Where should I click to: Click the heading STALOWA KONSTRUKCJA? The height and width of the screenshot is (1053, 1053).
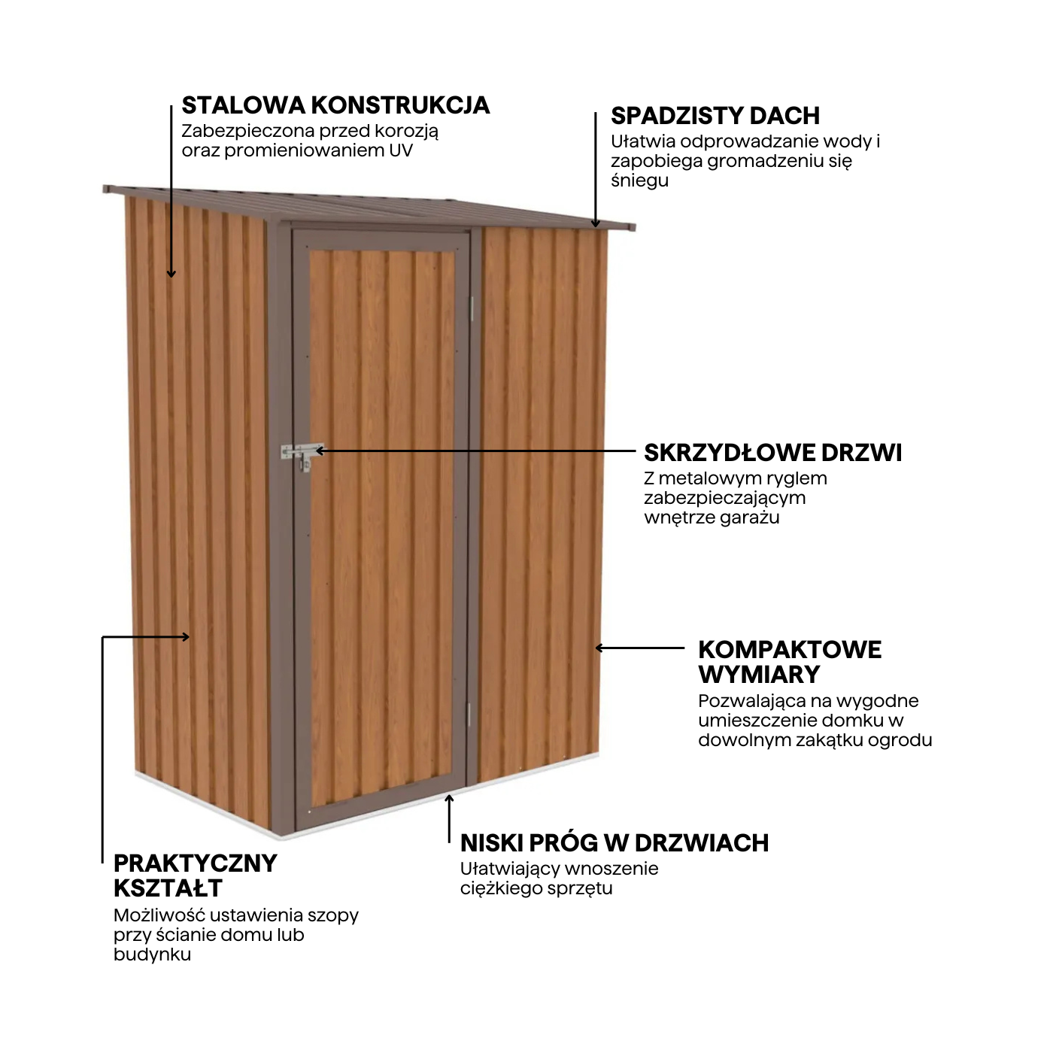click(335, 105)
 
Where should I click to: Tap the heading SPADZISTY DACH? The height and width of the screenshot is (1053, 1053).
click(715, 116)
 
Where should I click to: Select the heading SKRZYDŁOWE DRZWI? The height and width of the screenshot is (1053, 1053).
click(772, 453)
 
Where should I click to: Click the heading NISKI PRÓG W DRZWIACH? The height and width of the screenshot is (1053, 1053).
click(615, 842)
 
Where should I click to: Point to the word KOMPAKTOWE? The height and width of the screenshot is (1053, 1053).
click(790, 650)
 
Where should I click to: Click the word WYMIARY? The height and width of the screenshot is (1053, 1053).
click(759, 675)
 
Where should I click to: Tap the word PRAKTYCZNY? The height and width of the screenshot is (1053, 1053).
click(195, 863)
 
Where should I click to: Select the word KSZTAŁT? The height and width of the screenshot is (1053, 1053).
click(168, 888)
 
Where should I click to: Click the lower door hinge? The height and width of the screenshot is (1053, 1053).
click(469, 715)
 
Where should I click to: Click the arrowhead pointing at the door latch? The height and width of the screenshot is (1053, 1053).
click(320, 451)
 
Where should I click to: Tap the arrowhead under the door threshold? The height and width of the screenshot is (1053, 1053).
click(448, 798)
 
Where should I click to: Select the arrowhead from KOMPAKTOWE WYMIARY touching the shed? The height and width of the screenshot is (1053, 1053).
click(599, 648)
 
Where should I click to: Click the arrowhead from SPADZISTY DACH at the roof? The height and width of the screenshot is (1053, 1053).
click(595, 223)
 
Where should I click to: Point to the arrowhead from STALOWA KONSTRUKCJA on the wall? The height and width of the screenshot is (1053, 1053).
click(171, 273)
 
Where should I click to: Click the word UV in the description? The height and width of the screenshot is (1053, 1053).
click(401, 150)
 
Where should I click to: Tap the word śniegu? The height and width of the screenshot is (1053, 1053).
click(639, 181)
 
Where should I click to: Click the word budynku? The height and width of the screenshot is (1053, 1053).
click(152, 954)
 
